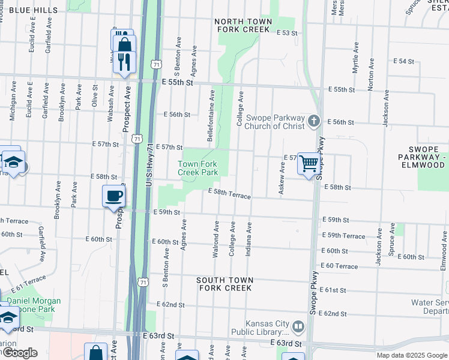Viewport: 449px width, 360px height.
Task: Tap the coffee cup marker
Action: point(114,196)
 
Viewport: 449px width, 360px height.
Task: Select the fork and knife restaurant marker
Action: point(124,62)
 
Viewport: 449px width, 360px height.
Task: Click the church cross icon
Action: point(313,122)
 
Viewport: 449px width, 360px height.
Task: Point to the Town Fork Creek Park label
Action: point(198,167)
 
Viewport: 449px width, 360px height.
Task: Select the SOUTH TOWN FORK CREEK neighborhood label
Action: point(226,284)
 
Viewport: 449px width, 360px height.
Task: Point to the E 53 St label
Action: point(287,32)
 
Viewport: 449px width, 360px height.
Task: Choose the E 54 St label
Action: point(404,61)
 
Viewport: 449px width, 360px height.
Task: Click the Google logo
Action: point(20,353)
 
